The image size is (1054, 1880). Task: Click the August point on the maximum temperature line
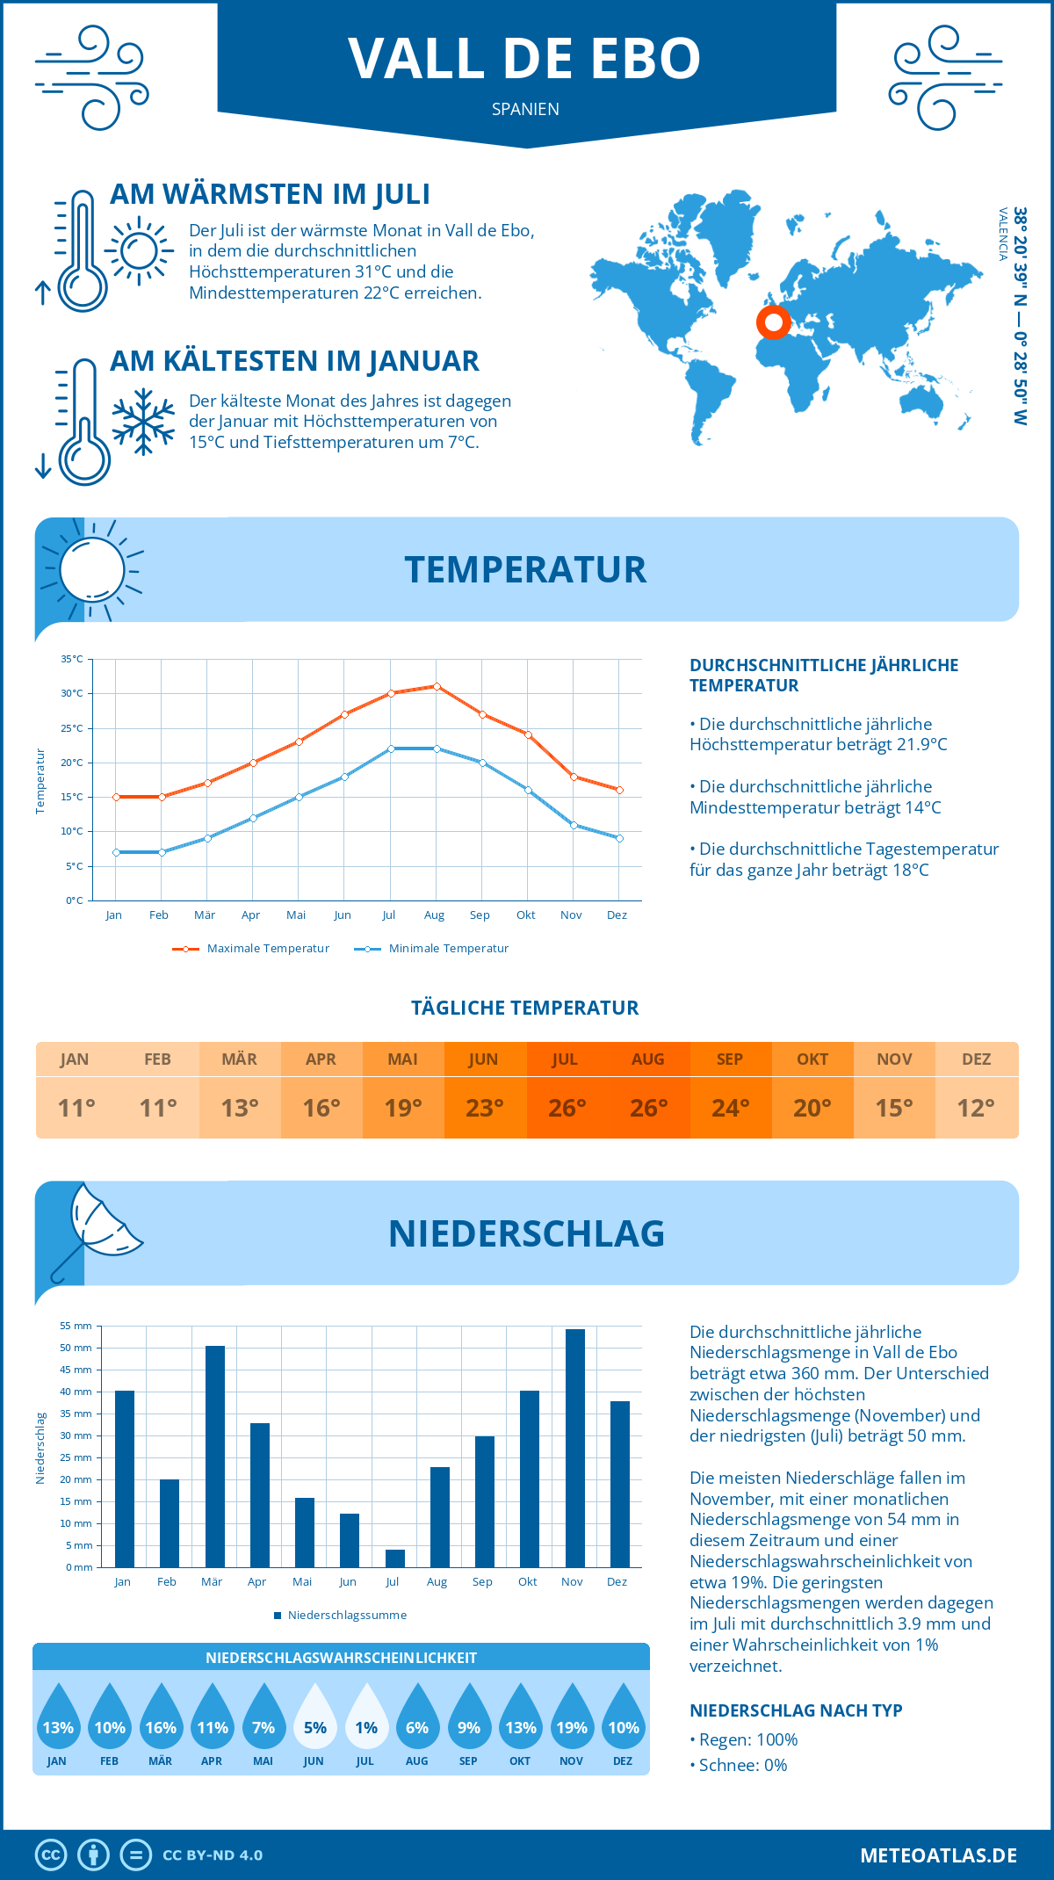437,686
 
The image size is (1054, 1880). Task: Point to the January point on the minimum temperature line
116,852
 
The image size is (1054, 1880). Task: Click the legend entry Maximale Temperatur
251,949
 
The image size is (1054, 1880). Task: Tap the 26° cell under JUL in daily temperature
567,1108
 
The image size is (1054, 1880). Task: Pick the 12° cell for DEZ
976,1108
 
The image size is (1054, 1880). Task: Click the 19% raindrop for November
572,1717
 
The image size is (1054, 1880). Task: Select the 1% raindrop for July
366,1717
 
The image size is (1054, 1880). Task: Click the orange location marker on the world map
774,322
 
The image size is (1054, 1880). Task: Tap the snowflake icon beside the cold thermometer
143,422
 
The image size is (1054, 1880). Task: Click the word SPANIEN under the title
525,109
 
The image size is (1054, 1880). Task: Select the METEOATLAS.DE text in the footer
938,1855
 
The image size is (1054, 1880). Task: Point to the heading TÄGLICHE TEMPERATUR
525,1008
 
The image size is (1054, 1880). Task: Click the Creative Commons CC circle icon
51,1855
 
